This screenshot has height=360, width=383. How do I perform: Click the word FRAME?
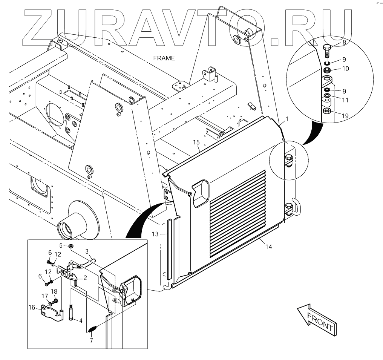tap(164, 58)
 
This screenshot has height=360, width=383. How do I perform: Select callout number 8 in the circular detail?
tap(344, 43)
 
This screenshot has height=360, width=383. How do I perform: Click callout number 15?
tap(196, 142)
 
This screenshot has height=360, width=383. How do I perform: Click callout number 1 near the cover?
tap(287, 119)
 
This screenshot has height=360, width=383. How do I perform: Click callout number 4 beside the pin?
tap(80, 320)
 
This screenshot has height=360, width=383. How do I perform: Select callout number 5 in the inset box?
tap(60, 245)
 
